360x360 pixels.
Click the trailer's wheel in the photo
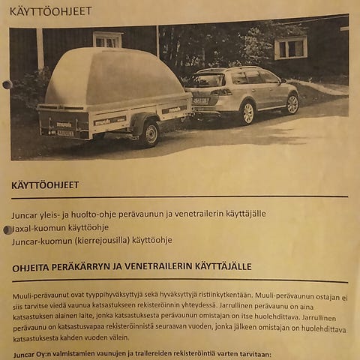(x=151, y=133)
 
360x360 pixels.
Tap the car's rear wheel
(x=247, y=113)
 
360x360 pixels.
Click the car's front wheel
(x=292, y=103)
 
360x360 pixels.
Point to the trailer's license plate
(x=65, y=133)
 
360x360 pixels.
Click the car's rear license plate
(x=199, y=100)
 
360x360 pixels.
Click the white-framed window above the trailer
(x=107, y=40)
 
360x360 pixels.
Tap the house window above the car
(x=290, y=47)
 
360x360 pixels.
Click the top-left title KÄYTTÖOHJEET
(x=50, y=11)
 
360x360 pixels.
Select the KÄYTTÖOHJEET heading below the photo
(x=45, y=184)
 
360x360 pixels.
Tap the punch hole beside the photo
(x=7, y=85)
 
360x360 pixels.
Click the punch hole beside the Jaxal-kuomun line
(x=7, y=229)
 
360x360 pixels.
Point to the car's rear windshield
(x=206, y=79)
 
